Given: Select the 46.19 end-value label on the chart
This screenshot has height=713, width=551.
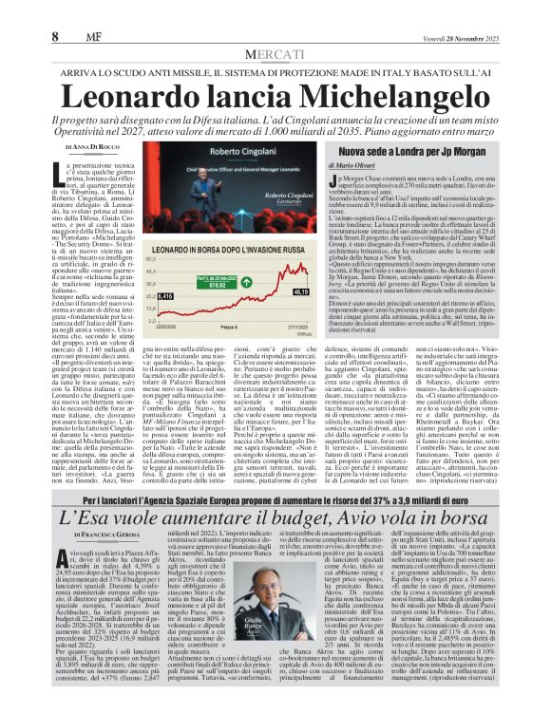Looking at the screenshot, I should pyautogui.click(x=277, y=292).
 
